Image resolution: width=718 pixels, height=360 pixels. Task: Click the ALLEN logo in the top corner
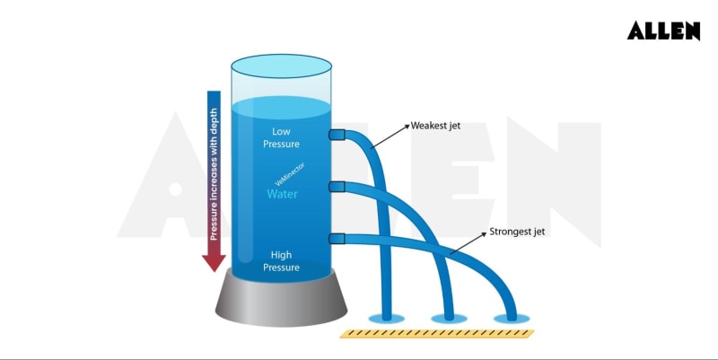coord(663,31)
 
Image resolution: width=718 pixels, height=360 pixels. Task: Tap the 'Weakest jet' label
coord(435,126)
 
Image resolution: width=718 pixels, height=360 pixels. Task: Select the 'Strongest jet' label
coord(517,232)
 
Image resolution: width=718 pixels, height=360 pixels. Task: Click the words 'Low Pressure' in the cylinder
coord(282,137)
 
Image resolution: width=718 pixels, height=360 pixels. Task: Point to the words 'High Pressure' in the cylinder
coord(282,260)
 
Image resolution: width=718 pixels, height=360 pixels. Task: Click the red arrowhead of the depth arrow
coord(214,261)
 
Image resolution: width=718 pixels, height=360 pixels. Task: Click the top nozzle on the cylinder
coord(337,135)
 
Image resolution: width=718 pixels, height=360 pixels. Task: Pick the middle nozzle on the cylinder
coord(337,187)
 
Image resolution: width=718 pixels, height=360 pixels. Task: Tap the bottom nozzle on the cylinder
coord(337,238)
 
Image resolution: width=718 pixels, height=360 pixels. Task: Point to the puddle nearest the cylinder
coord(388,317)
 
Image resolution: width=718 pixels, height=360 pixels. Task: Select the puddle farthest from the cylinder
coord(512,318)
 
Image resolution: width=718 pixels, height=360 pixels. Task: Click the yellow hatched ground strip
coord(436,333)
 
